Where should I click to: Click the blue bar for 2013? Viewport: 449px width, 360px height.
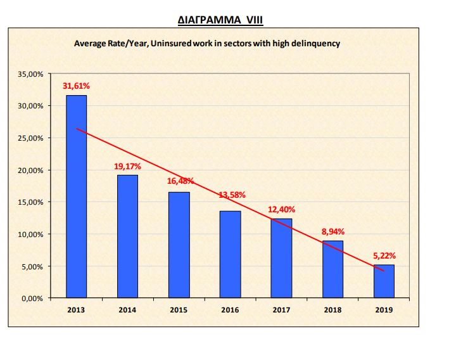point(77,196)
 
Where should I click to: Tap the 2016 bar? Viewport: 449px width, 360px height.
point(231,254)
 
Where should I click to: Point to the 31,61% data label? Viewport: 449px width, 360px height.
point(75,86)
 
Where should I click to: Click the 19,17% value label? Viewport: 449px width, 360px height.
point(128,166)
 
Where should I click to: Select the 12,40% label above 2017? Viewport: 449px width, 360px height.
point(282,209)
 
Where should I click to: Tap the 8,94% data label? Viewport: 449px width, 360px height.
point(333,232)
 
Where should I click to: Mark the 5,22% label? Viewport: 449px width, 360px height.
point(384,255)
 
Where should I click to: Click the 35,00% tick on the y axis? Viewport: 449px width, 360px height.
point(30,74)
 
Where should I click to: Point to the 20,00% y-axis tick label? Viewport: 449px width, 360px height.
point(30,170)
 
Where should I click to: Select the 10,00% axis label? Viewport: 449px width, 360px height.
point(30,235)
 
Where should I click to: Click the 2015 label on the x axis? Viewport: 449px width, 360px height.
point(179,310)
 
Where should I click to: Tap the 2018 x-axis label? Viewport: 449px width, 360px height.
point(333,310)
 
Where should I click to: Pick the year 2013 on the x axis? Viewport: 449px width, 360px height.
point(77,310)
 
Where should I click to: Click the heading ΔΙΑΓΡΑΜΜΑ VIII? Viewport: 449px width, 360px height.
point(220,20)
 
